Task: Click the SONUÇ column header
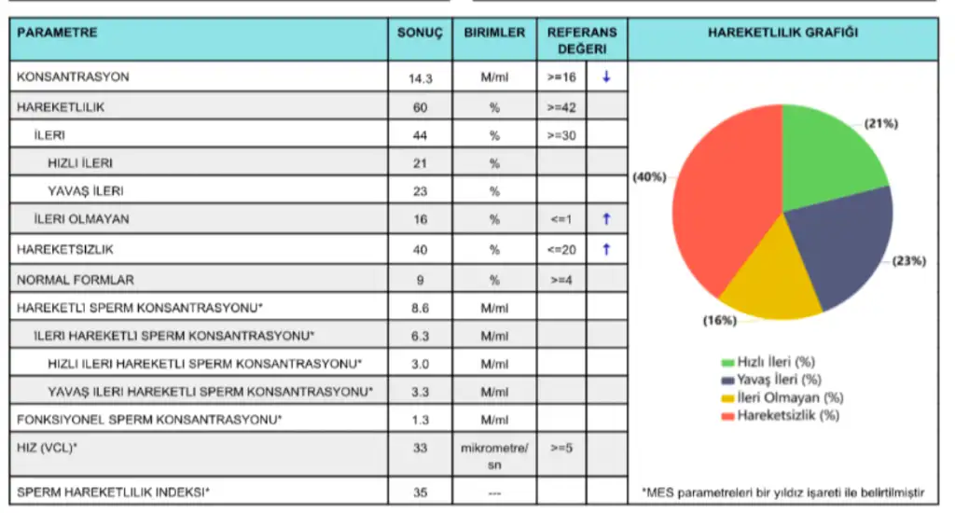tap(420, 33)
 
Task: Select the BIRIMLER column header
tap(494, 33)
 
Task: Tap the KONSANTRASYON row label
tap(73, 76)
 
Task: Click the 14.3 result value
tap(420, 78)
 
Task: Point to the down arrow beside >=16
tap(606, 77)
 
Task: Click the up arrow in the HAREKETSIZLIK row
tap(606, 249)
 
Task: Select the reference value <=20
tap(561, 250)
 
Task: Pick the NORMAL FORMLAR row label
tap(76, 279)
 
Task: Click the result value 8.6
tap(420, 307)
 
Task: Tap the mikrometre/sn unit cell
tap(494, 456)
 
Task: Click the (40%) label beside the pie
tap(649, 177)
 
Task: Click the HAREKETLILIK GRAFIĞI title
tap(783, 33)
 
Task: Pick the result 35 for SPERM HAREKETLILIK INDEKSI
tap(420, 491)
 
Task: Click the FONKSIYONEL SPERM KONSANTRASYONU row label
tap(149, 420)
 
